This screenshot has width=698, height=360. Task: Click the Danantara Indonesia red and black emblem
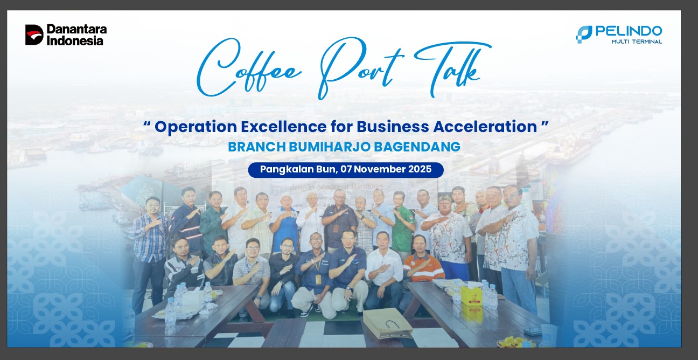(34, 34)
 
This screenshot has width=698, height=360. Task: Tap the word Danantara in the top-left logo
(76, 29)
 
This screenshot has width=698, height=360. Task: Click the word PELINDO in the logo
(629, 31)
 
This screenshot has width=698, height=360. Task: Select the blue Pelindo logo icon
(583, 34)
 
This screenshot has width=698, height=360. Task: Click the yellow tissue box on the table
(471, 295)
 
